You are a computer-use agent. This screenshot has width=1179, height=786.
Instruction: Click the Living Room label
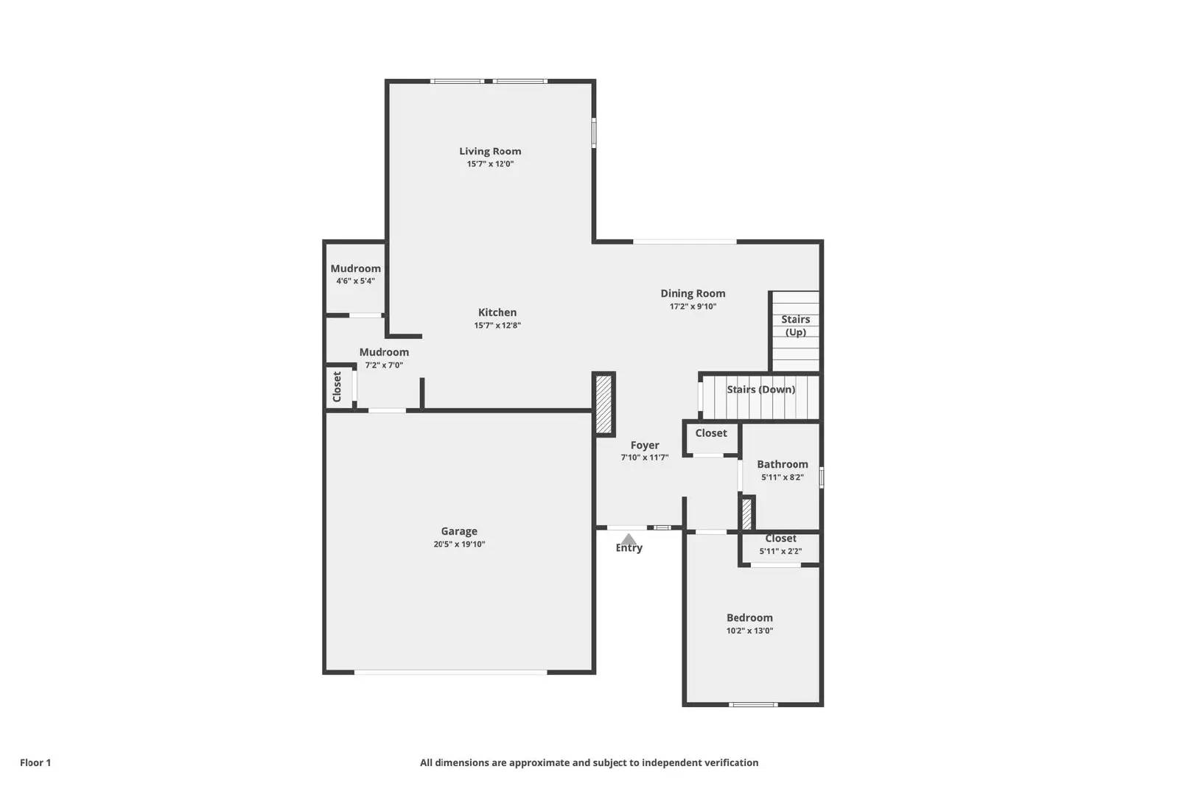[490, 151]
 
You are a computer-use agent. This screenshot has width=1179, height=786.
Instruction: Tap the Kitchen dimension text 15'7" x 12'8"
[497, 325]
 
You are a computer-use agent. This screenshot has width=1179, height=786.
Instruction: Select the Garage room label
[459, 531]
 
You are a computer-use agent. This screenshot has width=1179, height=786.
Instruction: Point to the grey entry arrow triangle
[629, 539]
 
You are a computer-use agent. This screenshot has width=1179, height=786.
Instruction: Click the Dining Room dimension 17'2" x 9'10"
[693, 306]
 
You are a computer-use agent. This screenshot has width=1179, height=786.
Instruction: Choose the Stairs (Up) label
[795, 326]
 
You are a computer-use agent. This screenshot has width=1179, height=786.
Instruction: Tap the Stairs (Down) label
[760, 390]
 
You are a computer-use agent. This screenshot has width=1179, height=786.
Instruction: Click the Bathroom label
[782, 464]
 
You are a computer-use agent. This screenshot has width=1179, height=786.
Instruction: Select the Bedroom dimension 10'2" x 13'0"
[749, 631]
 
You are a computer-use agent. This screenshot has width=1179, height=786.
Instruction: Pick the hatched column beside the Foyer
[604, 404]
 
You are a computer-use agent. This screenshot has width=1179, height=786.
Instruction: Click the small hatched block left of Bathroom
[746, 513]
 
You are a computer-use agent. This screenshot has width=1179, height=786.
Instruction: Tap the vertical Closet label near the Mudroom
[337, 386]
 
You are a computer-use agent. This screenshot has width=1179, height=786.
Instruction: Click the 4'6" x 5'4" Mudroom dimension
[356, 281]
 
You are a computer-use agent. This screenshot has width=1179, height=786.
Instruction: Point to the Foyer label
[645, 445]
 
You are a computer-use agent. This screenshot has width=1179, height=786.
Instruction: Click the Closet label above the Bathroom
[711, 433]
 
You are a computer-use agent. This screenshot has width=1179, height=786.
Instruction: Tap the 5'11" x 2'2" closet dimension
[780, 551]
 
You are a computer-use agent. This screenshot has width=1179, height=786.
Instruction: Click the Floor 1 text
[35, 762]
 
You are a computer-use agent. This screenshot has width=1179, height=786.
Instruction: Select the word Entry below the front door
[629, 549]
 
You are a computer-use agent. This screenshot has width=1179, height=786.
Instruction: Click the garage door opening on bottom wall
[450, 672]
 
